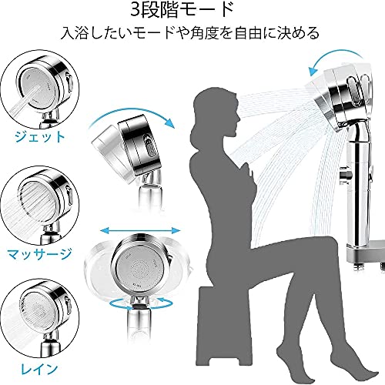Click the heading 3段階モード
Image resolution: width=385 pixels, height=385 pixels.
182,11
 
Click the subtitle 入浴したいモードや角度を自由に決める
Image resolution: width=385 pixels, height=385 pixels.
190,33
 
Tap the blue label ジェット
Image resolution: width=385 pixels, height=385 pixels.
40,136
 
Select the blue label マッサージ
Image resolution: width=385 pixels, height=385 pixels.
39,253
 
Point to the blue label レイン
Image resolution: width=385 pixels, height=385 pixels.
39,369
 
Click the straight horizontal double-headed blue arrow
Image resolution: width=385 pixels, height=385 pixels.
140,231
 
